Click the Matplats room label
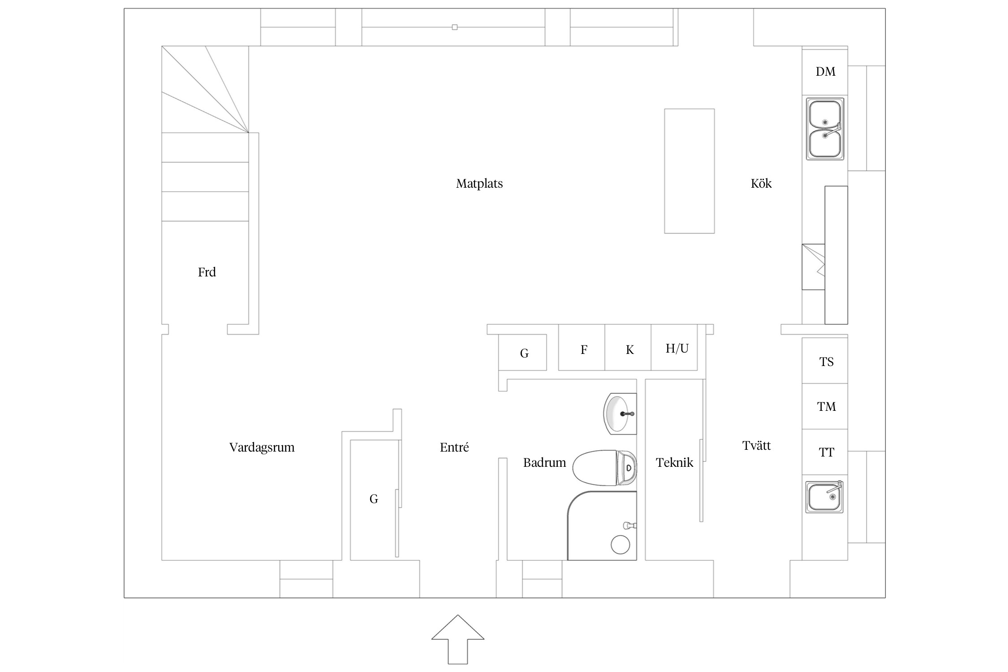(x=479, y=184)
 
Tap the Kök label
(x=761, y=183)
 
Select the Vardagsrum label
(x=262, y=448)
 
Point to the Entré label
(x=454, y=447)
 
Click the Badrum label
(x=544, y=462)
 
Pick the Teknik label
(x=674, y=462)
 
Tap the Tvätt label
(x=757, y=445)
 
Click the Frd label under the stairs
(x=207, y=272)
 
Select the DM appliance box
(x=825, y=72)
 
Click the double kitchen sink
(x=825, y=129)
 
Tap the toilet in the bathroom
(x=604, y=468)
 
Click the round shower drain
(x=620, y=545)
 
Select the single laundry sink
(x=824, y=497)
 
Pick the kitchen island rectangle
(x=689, y=171)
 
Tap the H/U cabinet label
(x=677, y=349)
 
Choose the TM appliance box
(x=825, y=406)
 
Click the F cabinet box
(x=582, y=348)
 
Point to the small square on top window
(x=455, y=27)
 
